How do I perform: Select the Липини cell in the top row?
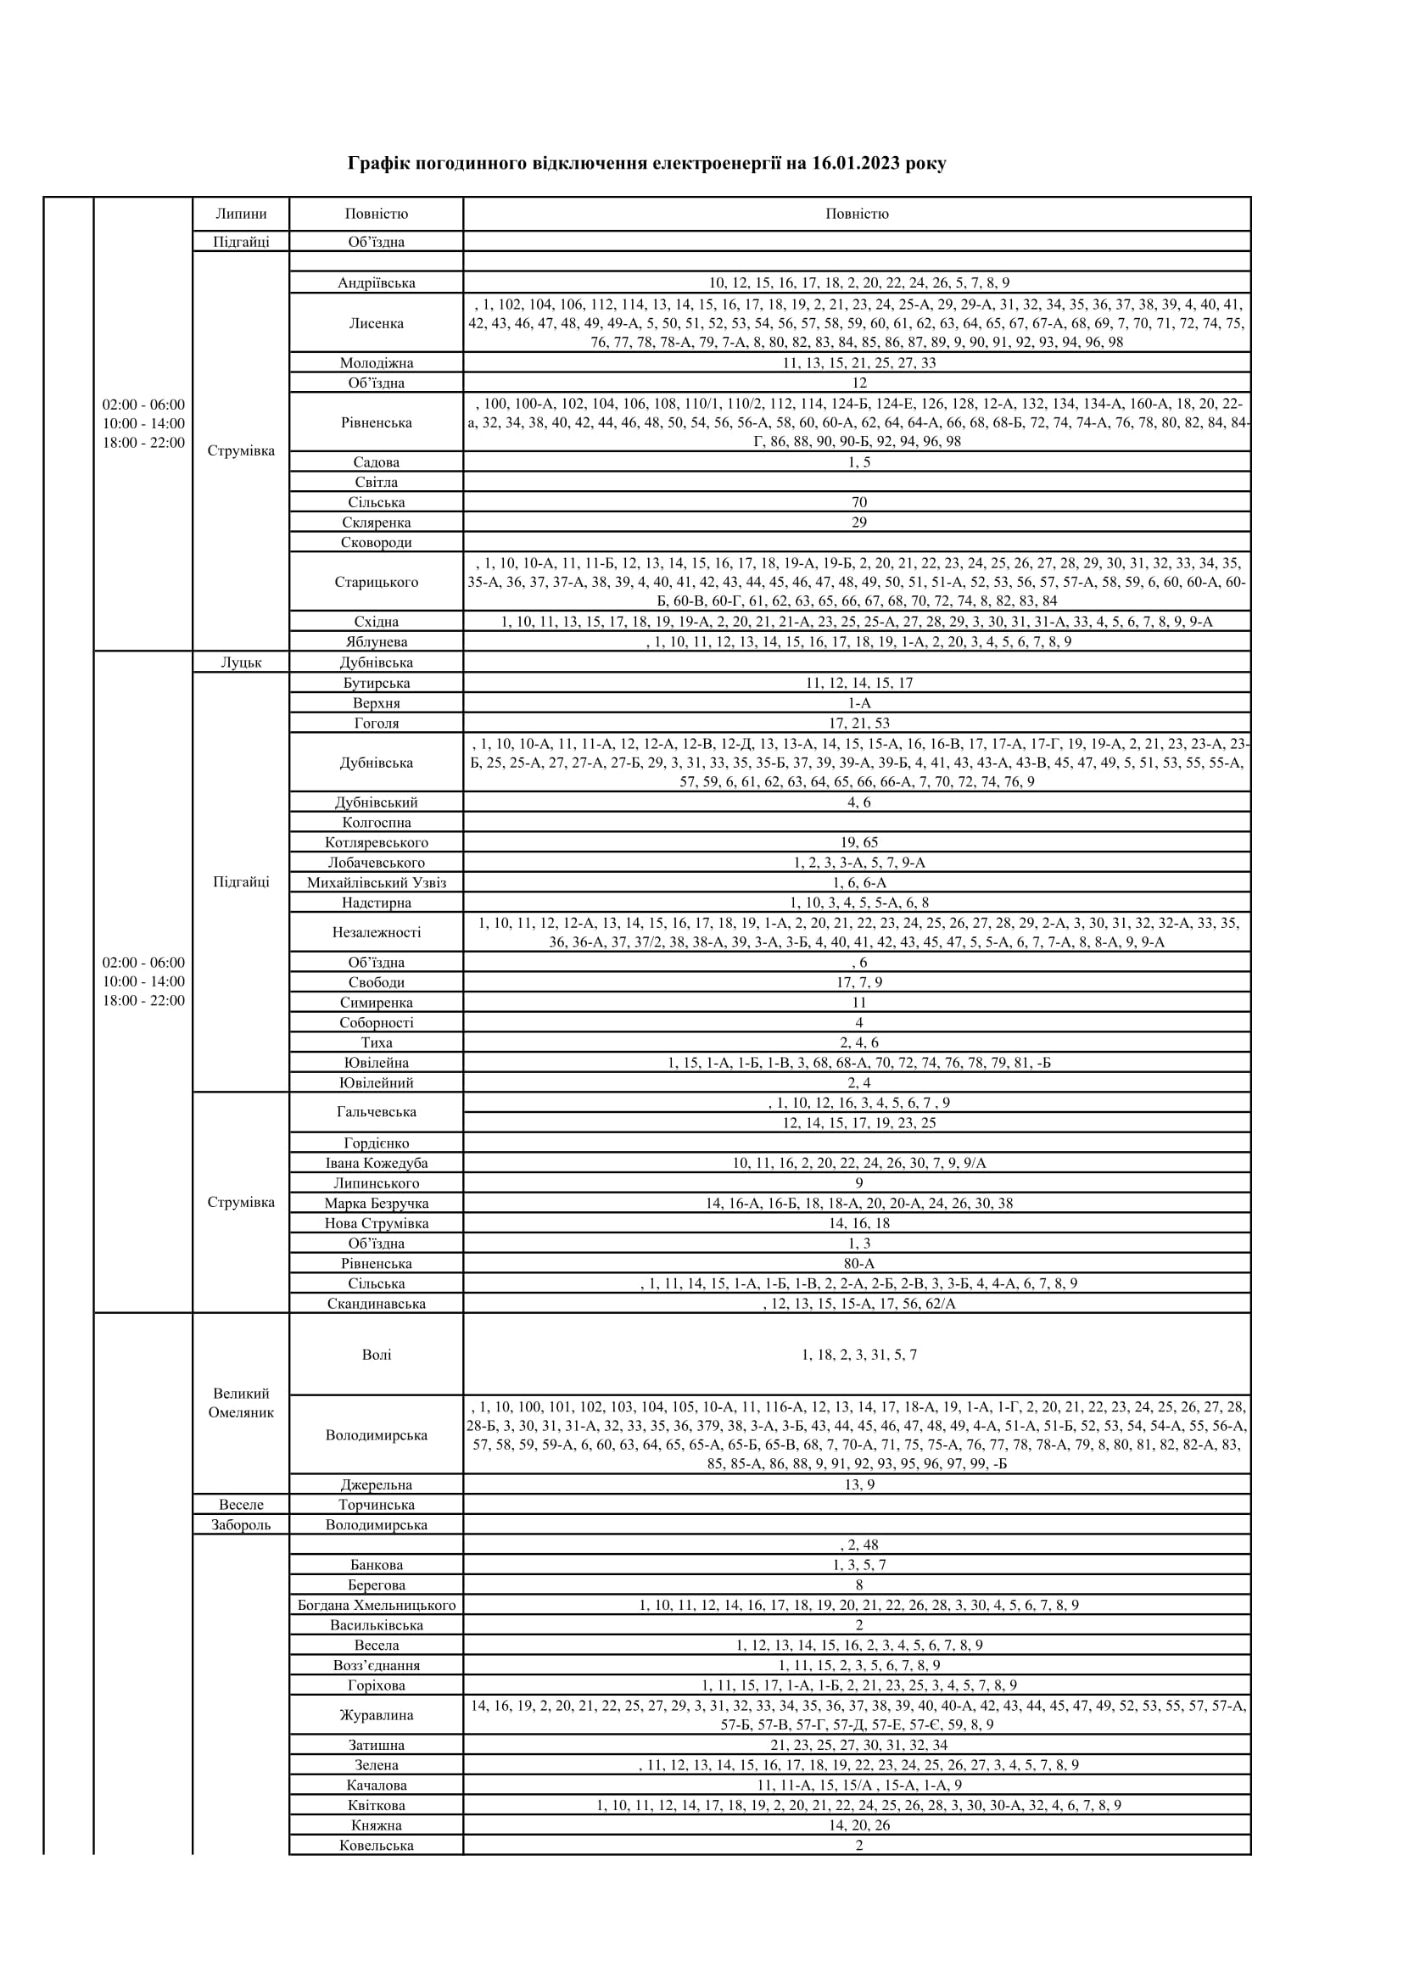241,214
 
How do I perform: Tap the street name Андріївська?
376,282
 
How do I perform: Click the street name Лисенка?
376,323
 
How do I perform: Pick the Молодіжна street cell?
376,363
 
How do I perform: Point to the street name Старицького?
376,582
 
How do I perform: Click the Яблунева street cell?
376,642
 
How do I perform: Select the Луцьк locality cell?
241,662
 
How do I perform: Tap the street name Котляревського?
376,842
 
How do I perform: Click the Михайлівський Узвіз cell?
376,882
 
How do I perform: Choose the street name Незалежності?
376,932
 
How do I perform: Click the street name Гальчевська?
376,1112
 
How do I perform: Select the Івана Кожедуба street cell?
376,1163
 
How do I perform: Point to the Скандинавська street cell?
376,1303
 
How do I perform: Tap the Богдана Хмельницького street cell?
376,1605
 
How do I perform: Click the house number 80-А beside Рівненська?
858,1263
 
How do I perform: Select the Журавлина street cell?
376,1715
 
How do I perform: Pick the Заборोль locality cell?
241,1524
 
